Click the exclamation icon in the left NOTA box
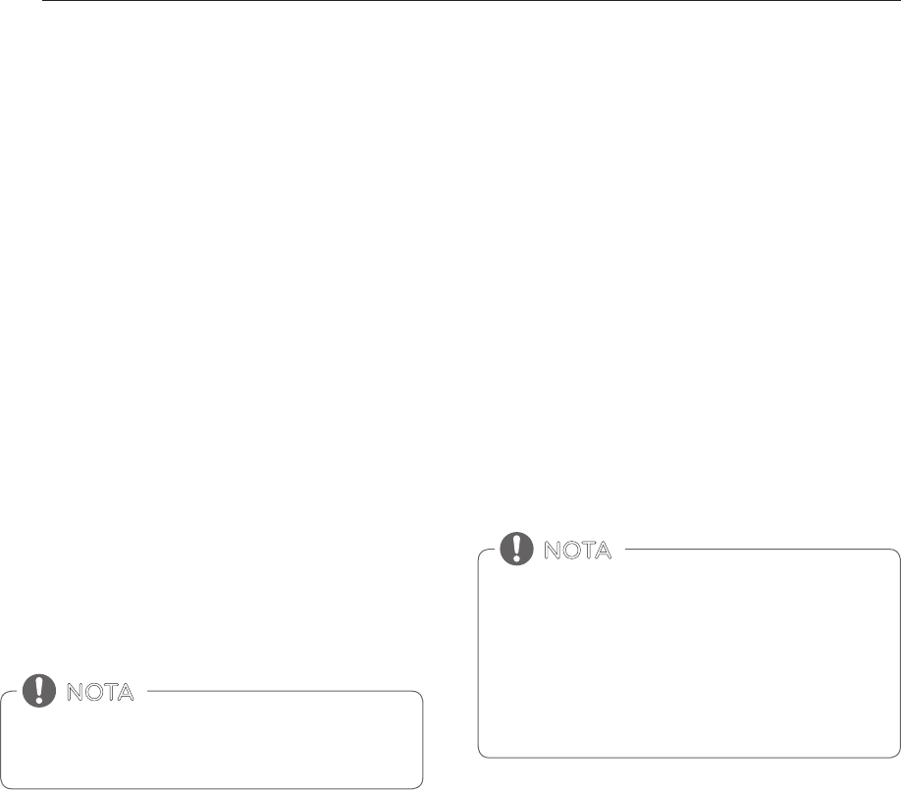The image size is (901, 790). tap(39, 691)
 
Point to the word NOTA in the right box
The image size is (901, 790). tap(577, 551)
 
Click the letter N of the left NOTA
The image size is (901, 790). tap(75, 692)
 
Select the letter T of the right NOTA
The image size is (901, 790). tap(586, 551)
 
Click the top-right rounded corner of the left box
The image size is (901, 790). tap(419, 697)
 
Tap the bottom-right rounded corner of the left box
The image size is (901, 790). tap(419, 784)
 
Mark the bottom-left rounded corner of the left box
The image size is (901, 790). tap(6, 784)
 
